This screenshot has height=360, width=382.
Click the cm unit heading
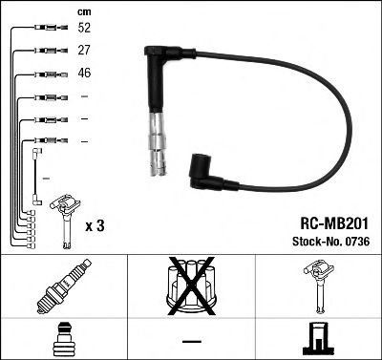point(82,11)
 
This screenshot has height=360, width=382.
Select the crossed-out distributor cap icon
point(191,286)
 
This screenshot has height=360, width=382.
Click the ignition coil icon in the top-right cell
point(318,286)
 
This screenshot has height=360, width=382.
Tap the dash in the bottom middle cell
point(191,340)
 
